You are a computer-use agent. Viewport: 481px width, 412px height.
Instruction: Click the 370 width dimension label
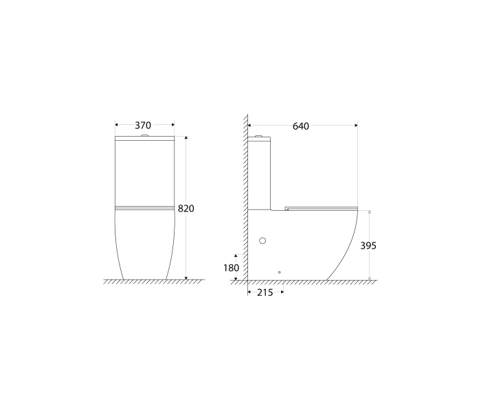(x=143, y=126)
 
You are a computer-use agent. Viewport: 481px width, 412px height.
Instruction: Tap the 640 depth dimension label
(x=301, y=126)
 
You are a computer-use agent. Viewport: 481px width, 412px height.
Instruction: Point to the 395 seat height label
(x=369, y=245)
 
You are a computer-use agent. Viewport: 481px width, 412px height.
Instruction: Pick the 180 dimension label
(x=230, y=267)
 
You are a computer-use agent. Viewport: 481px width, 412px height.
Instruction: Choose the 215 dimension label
(x=265, y=293)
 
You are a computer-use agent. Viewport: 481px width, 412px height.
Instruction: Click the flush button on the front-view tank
(x=144, y=136)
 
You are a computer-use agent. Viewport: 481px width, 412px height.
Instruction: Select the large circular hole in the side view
(x=262, y=241)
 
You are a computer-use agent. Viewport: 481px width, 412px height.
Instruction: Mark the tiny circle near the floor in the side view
(x=280, y=273)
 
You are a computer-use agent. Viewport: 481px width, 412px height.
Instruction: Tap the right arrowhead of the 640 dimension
(x=355, y=126)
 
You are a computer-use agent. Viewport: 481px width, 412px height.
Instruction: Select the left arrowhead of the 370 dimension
(x=117, y=125)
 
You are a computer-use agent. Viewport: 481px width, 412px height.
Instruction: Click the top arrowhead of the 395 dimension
(x=369, y=213)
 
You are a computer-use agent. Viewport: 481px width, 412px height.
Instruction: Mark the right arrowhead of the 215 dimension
(x=282, y=293)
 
